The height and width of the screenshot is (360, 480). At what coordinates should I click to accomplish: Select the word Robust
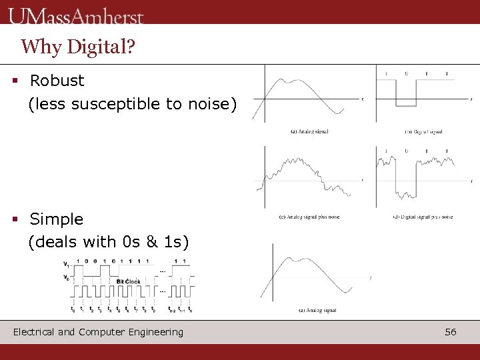tap(57, 81)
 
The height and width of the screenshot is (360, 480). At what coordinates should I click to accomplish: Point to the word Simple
tap(57, 219)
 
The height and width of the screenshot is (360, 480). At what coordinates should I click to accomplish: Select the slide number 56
tap(451, 332)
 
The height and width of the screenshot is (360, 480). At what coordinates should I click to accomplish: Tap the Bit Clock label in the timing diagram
tap(129, 281)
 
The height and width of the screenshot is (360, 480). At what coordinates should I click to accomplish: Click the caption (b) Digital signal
tap(423, 132)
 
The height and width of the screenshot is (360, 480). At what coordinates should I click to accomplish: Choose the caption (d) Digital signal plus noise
tap(423, 217)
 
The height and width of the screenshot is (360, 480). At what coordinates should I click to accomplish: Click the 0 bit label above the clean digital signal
tap(406, 73)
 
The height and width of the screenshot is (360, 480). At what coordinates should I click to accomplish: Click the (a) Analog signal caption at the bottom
tap(317, 310)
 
